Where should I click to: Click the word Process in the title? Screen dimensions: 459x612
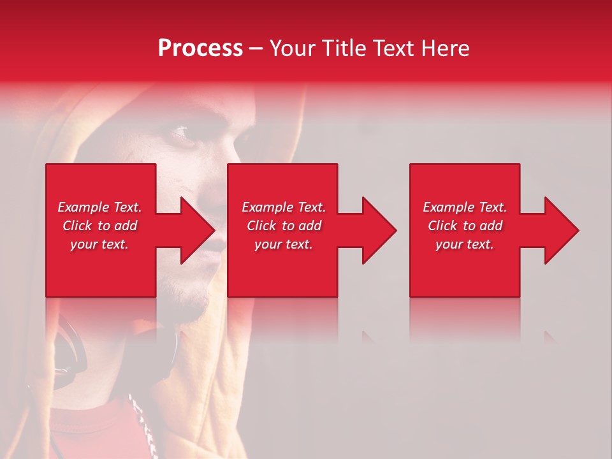click(200, 48)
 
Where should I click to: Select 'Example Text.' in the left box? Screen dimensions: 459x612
click(99, 207)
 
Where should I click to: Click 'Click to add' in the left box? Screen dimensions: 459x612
click(99, 226)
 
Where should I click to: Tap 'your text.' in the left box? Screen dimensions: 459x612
click(99, 244)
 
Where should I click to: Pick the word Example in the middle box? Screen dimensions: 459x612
click(268, 207)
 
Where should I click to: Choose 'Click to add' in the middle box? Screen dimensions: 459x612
click(284, 226)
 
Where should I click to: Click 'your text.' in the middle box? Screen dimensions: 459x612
click(284, 244)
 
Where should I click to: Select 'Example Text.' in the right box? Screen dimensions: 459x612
click(465, 207)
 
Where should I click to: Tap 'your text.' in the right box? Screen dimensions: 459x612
click(465, 244)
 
